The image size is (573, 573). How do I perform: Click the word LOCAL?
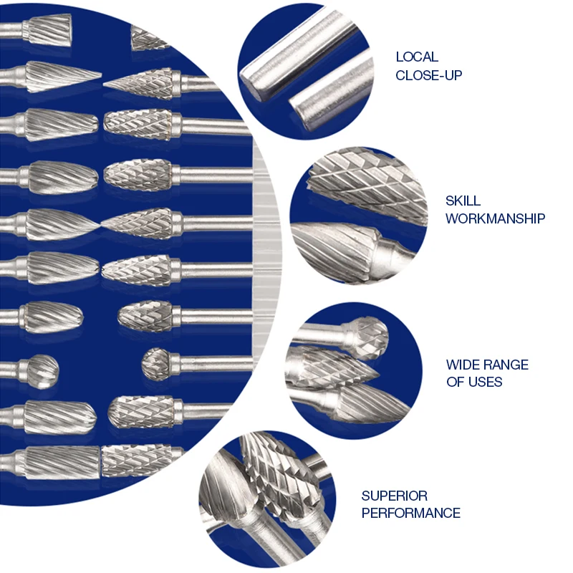417,57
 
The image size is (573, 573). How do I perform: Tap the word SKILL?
463,201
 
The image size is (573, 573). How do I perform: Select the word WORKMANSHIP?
495,218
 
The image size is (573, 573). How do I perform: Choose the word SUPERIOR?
394,496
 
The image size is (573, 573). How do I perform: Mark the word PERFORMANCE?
410,513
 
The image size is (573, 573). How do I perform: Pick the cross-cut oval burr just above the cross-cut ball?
145,315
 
